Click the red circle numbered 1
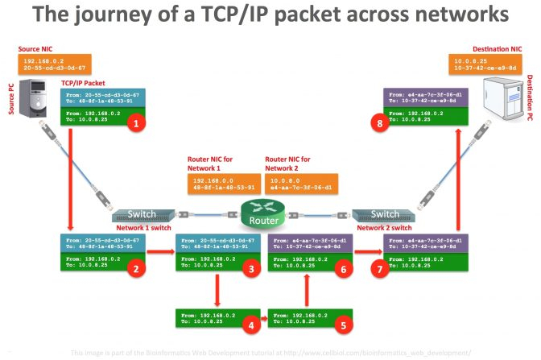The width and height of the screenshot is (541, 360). (x=137, y=123)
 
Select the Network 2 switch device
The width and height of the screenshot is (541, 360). (x=383, y=215)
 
